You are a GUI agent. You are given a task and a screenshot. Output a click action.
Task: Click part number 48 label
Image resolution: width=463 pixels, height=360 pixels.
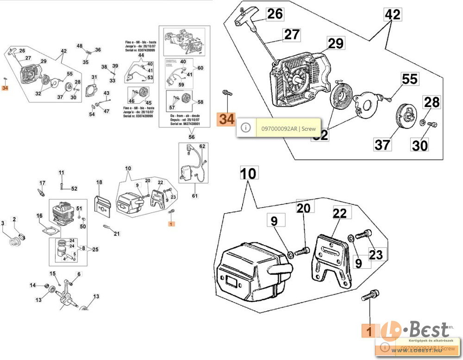[80, 46]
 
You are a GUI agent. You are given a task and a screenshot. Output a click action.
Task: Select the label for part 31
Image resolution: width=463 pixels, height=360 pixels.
[94, 77]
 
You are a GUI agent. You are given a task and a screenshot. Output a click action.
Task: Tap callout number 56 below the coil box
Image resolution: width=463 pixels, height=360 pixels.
[192, 137]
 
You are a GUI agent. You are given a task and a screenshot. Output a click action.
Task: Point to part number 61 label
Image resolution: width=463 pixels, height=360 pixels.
[195, 196]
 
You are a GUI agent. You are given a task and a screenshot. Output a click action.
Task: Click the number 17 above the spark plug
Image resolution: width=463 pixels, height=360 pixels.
[42, 183]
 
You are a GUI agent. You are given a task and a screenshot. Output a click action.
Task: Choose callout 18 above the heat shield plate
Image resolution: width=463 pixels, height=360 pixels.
[99, 183]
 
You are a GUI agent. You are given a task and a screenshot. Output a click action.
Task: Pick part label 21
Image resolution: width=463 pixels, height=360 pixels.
[117, 233]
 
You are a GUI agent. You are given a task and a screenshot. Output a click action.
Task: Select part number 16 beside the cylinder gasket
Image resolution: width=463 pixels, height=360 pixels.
[39, 216]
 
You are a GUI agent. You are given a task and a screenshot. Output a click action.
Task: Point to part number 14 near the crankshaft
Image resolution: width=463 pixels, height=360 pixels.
[33, 285]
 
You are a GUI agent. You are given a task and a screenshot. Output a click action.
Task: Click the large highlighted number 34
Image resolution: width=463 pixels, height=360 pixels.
[226, 119]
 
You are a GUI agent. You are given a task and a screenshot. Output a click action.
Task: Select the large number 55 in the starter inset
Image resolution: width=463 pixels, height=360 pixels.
[409, 79]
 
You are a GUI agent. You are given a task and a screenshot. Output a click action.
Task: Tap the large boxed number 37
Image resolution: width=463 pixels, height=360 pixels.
[382, 145]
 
